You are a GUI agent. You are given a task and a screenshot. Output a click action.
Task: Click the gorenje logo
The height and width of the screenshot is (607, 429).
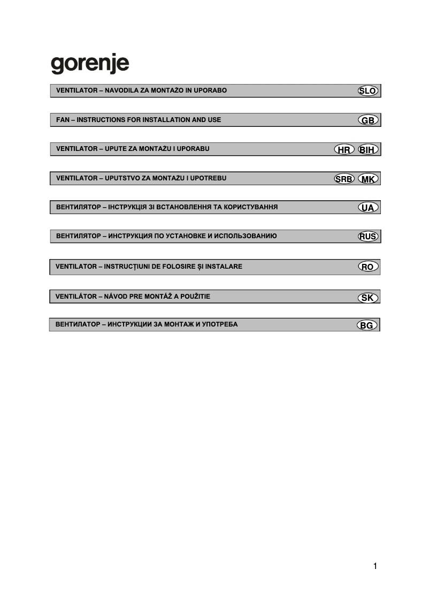point(90,65)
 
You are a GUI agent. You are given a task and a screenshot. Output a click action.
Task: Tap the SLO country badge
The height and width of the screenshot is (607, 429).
point(367,91)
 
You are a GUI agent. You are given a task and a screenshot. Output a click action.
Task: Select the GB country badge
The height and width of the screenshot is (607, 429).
point(367,120)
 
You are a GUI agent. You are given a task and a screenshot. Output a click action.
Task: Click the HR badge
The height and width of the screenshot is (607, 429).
point(343,150)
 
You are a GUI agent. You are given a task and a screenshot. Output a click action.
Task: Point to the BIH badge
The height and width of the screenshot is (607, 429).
point(368,150)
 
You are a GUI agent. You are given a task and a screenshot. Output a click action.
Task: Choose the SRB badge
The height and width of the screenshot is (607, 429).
point(344,179)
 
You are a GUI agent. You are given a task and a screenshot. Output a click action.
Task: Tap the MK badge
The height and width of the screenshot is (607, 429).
point(368,179)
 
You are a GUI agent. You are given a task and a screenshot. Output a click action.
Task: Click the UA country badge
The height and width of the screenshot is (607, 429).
point(367,208)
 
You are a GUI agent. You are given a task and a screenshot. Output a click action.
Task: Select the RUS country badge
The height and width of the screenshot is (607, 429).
point(367,237)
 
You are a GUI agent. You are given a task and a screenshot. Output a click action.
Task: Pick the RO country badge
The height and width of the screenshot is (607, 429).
point(367,267)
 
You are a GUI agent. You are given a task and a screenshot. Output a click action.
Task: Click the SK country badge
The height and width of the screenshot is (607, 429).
point(367,298)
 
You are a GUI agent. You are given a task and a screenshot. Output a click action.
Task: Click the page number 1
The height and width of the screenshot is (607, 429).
point(375,566)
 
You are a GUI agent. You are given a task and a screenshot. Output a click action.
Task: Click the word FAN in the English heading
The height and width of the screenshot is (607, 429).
point(63,120)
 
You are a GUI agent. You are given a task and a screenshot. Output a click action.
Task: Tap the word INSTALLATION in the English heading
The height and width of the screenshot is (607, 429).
point(163,120)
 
